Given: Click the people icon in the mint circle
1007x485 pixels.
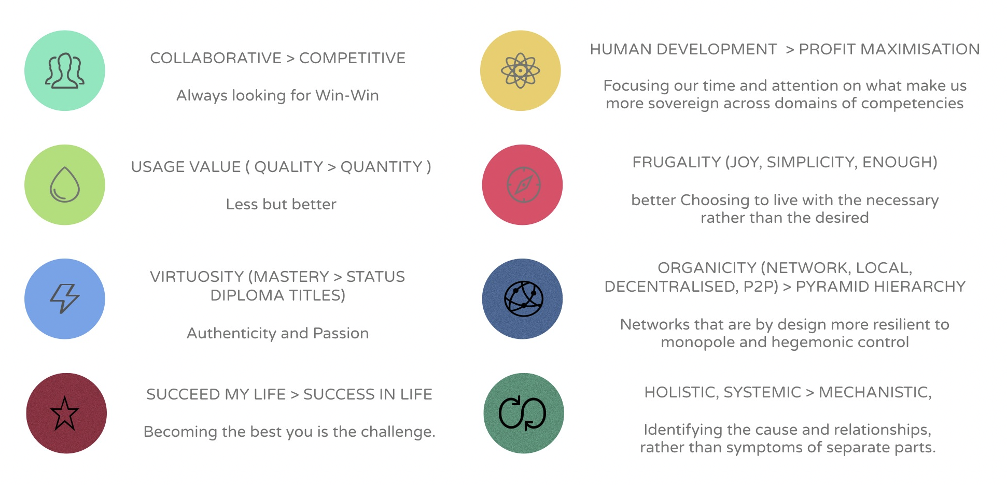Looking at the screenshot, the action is pyautogui.click(x=65, y=70).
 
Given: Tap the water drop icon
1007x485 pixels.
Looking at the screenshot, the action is pyautogui.click(x=65, y=184).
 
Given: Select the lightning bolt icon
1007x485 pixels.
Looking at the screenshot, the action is pyautogui.click(x=65, y=298).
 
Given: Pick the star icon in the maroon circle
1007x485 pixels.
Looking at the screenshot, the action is pyautogui.click(x=64, y=413).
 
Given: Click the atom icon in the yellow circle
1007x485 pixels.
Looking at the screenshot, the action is pyautogui.click(x=521, y=70).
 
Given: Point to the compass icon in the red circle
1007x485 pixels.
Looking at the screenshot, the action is pyautogui.click(x=524, y=184).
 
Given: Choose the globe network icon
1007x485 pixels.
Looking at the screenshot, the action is pyautogui.click(x=524, y=299).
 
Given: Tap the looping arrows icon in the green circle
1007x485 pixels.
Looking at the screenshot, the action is pyautogui.click(x=523, y=413).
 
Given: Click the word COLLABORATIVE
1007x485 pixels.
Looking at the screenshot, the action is pyautogui.click(x=216, y=58).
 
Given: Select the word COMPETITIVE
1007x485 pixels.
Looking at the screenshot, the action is pyautogui.click(x=353, y=58).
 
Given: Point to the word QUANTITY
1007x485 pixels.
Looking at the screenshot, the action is pyautogui.click(x=382, y=167).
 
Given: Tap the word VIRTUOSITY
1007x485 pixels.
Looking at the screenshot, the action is pyautogui.click(x=197, y=277).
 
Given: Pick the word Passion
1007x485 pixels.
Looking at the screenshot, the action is pyautogui.click(x=341, y=333).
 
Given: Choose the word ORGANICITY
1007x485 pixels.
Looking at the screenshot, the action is pyautogui.click(x=707, y=268).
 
